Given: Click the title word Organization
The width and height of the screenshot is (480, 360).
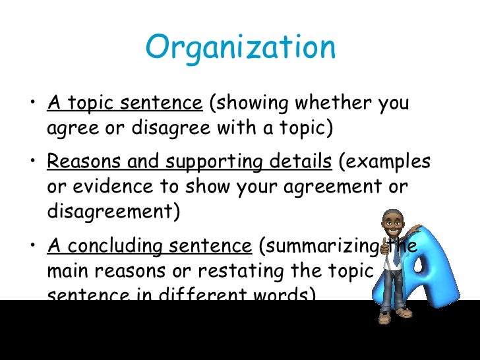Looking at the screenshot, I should point(240,47).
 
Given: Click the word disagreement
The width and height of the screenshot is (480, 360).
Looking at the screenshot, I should point(113,212).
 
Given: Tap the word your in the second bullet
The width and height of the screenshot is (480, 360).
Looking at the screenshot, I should point(256,187).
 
